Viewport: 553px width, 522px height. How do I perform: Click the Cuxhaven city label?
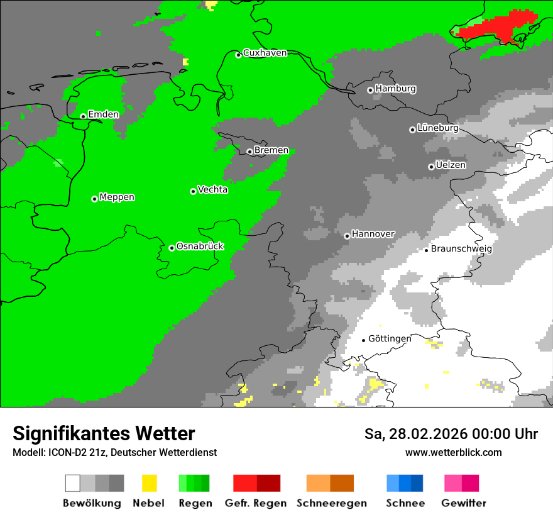pos(265,53)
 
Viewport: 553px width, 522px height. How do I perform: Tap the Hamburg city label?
pos(395,89)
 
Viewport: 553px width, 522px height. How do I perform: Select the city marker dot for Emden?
pos(83,116)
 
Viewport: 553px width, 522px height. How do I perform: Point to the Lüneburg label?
pos(437,128)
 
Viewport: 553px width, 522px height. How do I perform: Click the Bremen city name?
pos(271,150)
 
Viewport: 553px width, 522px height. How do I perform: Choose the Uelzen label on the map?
pos(451,165)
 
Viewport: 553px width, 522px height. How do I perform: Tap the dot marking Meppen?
pos(94,199)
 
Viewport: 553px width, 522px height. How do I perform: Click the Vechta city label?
pos(212,189)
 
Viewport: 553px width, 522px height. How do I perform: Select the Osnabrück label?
pos(200,246)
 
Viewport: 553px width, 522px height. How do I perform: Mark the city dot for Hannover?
pos(347,236)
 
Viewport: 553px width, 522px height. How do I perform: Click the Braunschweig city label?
pos(461,248)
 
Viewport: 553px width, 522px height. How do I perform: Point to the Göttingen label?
pos(390,338)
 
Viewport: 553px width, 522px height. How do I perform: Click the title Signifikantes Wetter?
pos(104,433)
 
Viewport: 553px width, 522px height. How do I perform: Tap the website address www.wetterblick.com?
pos(453,452)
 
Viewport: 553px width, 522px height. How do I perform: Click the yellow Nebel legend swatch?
pos(149,483)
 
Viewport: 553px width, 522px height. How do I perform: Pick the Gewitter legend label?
pos(463,503)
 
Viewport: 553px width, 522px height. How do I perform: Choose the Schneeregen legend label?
pos(331,503)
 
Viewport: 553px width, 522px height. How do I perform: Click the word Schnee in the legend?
pos(405,503)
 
